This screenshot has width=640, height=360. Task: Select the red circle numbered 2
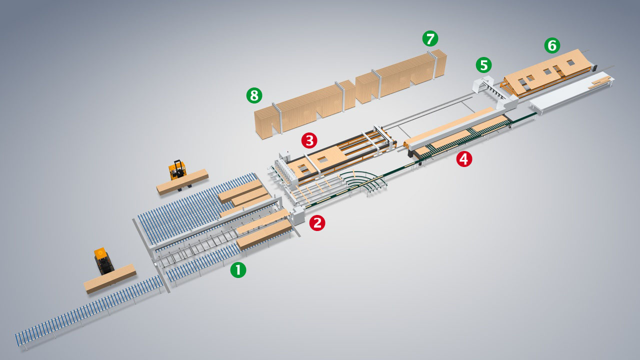(x=317, y=223)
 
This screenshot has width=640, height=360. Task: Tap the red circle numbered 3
(x=309, y=140)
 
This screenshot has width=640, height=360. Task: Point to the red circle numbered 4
(x=464, y=159)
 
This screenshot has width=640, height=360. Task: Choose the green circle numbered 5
(x=483, y=65)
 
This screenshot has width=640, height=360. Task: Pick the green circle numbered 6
(x=552, y=45)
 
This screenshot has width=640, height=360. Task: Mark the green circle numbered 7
(x=430, y=38)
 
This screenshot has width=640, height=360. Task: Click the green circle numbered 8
(x=254, y=95)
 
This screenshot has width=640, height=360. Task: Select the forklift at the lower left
(x=103, y=260)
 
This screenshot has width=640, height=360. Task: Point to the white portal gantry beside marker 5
(x=495, y=91)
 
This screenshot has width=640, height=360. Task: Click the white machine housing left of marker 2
(x=297, y=216)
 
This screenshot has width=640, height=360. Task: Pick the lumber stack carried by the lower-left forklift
(x=110, y=279)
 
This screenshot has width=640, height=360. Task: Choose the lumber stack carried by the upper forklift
(x=182, y=182)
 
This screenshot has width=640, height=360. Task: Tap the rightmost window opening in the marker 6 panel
(x=570, y=62)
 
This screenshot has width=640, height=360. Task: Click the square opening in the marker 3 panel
(x=323, y=159)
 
